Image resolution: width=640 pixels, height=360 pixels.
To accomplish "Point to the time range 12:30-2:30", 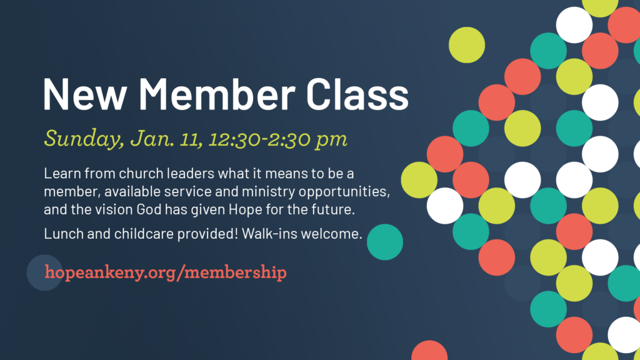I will pos(262,138).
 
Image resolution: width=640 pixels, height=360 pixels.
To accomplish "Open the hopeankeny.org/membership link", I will pos(166,272).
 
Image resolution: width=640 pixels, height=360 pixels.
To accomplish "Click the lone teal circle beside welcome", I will pos(384,242).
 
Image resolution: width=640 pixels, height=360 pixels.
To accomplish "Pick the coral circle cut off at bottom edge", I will pos(429,352).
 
